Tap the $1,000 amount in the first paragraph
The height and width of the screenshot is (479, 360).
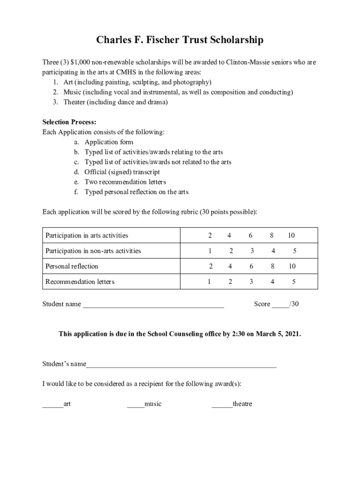pos(83,62)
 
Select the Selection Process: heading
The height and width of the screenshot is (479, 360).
pos(69,122)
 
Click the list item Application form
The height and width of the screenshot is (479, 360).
pos(108,142)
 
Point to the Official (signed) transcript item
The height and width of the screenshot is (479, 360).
pos(122,172)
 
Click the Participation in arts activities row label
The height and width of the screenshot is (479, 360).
pos(86,235)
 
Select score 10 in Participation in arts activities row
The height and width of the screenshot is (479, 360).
pos(291,235)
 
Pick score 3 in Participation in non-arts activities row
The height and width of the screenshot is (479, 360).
pos(252,251)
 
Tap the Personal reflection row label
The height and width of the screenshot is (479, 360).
pos(72,266)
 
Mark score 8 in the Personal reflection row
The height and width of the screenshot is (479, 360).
pos(272,266)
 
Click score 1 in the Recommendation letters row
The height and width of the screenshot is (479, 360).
pos(209,282)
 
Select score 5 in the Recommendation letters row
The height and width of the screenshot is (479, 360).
pos(294,282)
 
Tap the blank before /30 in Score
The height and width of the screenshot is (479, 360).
pos(281,305)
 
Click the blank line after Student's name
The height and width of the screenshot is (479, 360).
pos(181,365)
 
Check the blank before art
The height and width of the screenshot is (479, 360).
pos(53,405)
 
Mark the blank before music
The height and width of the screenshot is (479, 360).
pos(136,405)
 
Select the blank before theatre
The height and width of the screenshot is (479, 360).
pos(222,405)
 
